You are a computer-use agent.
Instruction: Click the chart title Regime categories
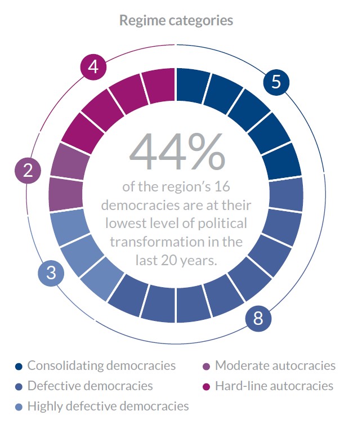pos(176,21)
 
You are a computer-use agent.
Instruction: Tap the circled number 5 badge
pos(276,82)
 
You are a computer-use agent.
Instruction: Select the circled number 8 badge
pos(258,319)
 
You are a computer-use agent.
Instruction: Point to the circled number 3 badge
pos(51,274)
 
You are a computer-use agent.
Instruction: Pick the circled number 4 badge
pos(93,67)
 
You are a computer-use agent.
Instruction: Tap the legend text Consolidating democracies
pos(101,365)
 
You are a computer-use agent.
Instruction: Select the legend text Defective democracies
pos(90,386)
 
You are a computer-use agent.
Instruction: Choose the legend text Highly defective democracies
pos(108,405)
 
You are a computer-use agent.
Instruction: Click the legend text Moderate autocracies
pos(275,365)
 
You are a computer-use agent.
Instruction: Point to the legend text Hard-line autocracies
pos(274,386)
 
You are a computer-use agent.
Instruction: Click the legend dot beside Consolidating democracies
pos(18,366)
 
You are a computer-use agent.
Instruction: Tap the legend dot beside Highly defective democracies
pos(18,406)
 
